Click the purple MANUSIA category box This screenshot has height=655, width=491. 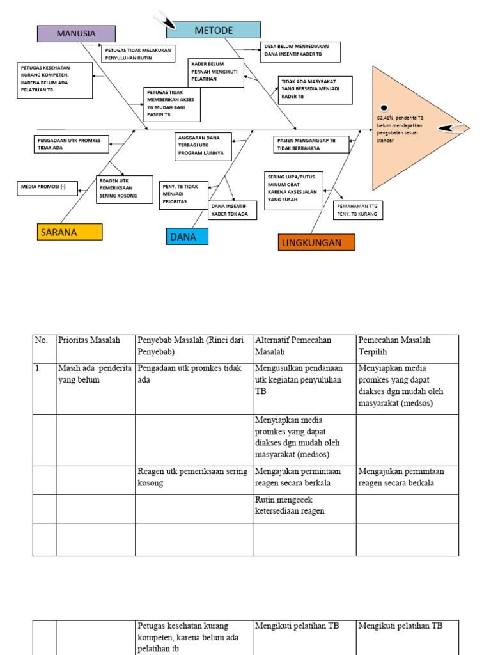[76, 33]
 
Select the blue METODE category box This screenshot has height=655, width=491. [214, 30]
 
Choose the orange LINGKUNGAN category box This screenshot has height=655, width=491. [317, 243]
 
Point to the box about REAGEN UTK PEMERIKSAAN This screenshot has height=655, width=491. [125, 190]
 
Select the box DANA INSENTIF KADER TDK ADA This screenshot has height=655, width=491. [233, 210]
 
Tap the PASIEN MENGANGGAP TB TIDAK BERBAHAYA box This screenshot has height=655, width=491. [312, 144]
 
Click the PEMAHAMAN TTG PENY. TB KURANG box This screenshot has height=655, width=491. [358, 210]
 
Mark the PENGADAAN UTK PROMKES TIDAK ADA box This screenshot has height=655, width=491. [72, 144]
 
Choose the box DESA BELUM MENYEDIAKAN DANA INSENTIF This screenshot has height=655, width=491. [300, 51]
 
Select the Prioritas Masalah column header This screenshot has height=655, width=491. [95, 341]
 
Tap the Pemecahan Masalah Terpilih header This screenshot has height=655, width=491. [407, 346]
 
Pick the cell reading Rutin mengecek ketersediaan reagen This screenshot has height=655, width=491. [304, 505]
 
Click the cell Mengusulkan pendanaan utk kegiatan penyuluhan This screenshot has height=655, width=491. [304, 379]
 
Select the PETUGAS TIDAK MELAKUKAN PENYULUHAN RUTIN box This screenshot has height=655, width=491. [139, 53]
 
